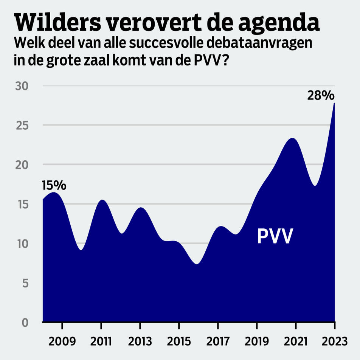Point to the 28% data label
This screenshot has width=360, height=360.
(319, 95)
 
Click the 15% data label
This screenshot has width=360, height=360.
(54, 185)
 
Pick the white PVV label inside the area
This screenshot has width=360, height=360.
(275, 236)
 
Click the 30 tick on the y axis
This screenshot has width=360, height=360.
(22, 86)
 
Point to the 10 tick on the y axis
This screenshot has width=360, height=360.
(22, 244)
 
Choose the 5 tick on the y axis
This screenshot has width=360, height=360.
(25, 283)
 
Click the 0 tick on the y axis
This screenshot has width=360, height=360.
(25, 322)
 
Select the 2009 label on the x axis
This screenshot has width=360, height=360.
(62, 341)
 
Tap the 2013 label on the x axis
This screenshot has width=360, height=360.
(140, 341)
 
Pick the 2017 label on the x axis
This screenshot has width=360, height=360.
(218, 341)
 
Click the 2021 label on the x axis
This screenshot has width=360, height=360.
(295, 341)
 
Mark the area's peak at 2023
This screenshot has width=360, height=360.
(334, 103)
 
